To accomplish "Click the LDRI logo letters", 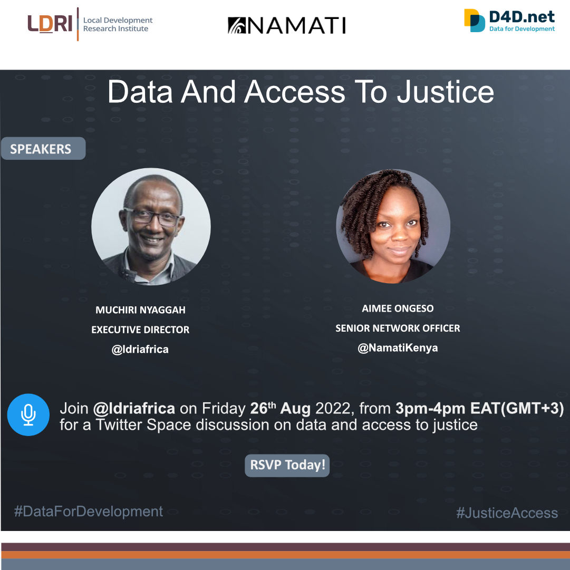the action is point(50,24).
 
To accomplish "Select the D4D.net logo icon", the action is point(475,21).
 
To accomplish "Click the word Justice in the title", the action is point(446,92).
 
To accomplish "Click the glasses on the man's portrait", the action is point(152,217).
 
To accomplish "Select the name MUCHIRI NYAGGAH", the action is point(140,310).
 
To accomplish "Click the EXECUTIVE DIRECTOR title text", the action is point(140,330).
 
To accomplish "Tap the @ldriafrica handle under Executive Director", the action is point(140,350).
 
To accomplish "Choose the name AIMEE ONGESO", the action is point(398,308).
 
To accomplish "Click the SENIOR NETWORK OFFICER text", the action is point(398,329).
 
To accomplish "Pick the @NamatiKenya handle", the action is point(398,348).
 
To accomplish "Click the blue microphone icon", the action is point(28,415).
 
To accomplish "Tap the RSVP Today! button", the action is point(287,465).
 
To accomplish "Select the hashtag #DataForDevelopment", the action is point(89,511).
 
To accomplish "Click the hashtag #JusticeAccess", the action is point(507,513).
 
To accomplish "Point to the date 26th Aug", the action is point(281,408).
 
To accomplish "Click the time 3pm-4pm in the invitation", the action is point(430,409).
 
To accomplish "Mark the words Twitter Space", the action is point(143,424).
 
